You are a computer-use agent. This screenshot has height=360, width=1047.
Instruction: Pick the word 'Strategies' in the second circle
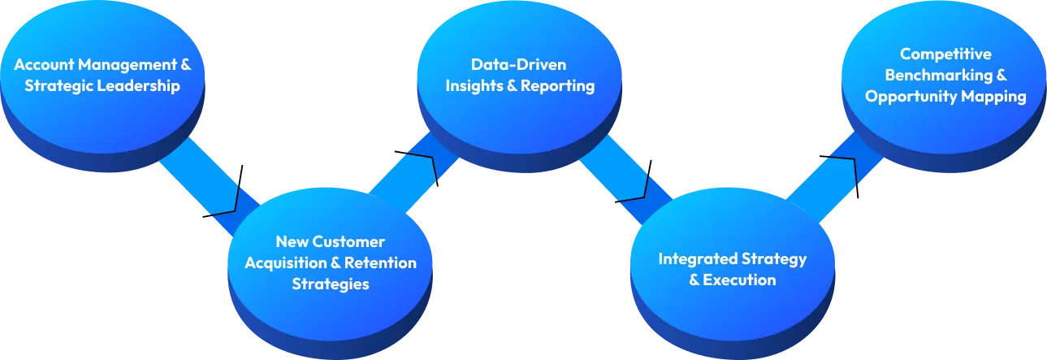(x=330, y=284)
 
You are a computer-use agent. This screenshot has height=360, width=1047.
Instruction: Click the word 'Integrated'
(x=697, y=259)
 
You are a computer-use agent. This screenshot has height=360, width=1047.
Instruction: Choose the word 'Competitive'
(x=945, y=54)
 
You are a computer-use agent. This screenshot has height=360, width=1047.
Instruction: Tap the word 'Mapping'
(x=996, y=97)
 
